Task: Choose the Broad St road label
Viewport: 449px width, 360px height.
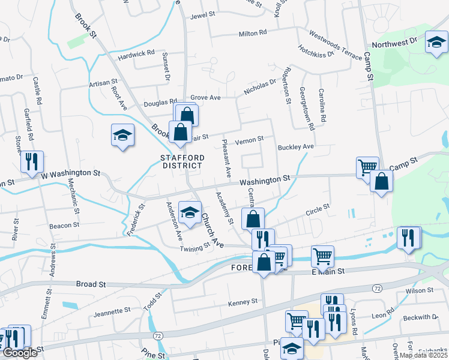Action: coord(91,283)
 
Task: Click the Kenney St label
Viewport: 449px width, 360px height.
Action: coord(243,301)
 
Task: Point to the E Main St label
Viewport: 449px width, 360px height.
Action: coord(328,272)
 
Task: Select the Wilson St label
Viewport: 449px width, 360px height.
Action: coord(419,290)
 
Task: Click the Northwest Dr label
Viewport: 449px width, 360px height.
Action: coord(394,44)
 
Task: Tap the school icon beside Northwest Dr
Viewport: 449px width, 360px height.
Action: coord(436,42)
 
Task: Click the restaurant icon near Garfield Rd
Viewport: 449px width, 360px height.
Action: coord(31,161)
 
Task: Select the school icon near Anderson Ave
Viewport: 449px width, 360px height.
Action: coord(190,213)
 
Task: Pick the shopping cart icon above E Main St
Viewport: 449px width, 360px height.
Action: coord(323,257)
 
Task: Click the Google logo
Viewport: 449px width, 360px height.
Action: coord(19,352)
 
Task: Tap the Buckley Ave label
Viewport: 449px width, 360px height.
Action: coord(296,146)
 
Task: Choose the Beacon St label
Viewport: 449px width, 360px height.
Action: coord(64,226)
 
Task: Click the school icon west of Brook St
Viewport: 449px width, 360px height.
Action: coord(122,135)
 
